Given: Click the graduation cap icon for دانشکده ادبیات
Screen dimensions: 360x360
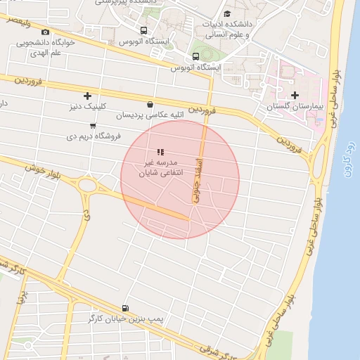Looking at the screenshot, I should coord(226,13).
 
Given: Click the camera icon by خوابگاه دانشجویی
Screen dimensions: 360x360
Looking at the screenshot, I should coord(46,32).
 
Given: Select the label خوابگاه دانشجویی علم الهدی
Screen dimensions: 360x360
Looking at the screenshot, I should coord(46,47).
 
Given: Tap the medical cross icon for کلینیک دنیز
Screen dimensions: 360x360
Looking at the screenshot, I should coord(87,96).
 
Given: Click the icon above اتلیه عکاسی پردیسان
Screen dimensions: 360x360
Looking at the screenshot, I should coord(150,103).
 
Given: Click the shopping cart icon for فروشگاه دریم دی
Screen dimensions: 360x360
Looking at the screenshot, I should coord(94,125).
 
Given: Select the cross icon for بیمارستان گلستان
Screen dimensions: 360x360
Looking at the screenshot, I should coord(294,95).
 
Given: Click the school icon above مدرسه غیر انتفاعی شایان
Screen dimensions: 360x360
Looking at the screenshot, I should coord(160,151).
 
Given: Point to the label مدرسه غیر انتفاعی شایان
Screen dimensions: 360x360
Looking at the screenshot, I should coord(160,166).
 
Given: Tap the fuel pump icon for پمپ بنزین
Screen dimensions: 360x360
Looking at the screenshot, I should coord(126,308).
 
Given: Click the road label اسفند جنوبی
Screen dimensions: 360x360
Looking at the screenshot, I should coord(197,183).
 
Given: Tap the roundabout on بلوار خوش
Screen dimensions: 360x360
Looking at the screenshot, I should coord(88,186).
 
